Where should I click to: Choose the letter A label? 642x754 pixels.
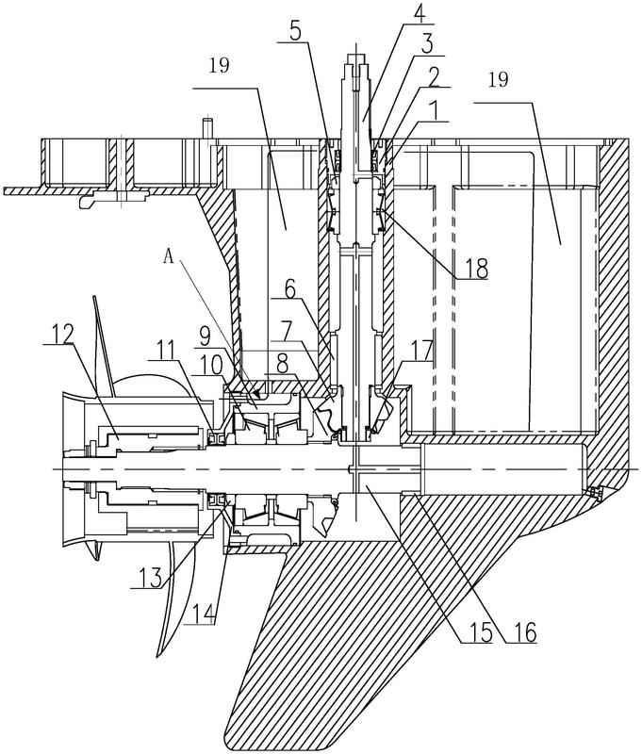point(169,257)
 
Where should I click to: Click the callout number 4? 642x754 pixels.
point(419,18)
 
